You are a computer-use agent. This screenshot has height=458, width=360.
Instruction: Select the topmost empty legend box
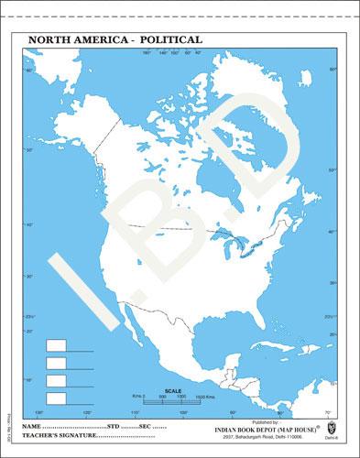[56, 345]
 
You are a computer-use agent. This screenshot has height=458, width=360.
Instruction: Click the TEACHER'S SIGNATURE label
[60, 438]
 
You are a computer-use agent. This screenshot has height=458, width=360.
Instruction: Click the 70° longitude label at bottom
[326, 412]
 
